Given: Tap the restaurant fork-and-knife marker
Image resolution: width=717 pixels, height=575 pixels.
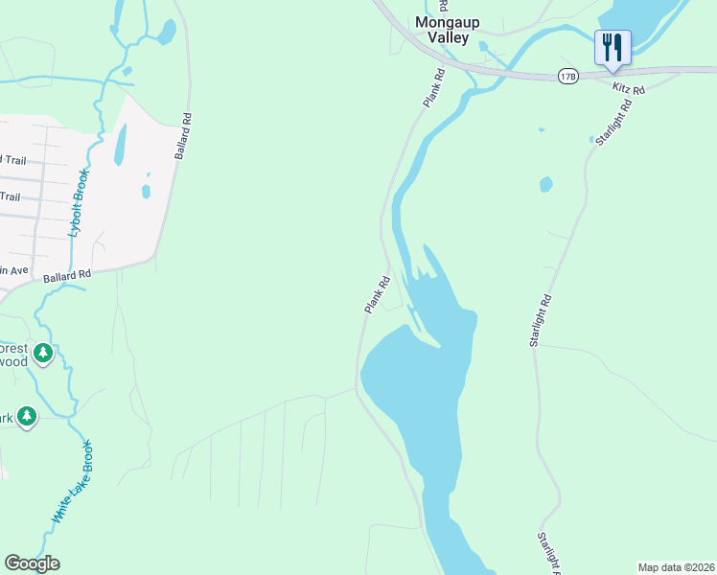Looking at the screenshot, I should pyautogui.click(x=612, y=48).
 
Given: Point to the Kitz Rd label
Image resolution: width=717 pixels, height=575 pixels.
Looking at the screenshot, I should pyautogui.click(x=629, y=88).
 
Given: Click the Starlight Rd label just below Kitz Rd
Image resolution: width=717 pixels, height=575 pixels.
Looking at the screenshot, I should pyautogui.click(x=610, y=126).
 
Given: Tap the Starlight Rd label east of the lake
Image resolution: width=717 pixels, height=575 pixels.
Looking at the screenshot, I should pyautogui.click(x=542, y=320).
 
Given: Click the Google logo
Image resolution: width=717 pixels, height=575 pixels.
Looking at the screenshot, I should pyautogui.click(x=32, y=563).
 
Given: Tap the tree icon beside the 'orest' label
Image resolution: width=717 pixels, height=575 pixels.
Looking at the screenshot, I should pyautogui.click(x=42, y=354).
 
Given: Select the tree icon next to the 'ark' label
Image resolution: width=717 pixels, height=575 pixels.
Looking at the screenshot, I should pyautogui.click(x=27, y=417).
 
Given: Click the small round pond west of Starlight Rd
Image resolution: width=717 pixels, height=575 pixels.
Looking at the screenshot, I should pyautogui.click(x=545, y=183).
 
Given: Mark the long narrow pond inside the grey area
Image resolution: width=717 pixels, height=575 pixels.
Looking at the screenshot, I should pyautogui.click(x=120, y=145).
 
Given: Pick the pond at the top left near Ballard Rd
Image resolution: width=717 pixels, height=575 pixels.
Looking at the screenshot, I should pyautogui.click(x=166, y=34).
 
